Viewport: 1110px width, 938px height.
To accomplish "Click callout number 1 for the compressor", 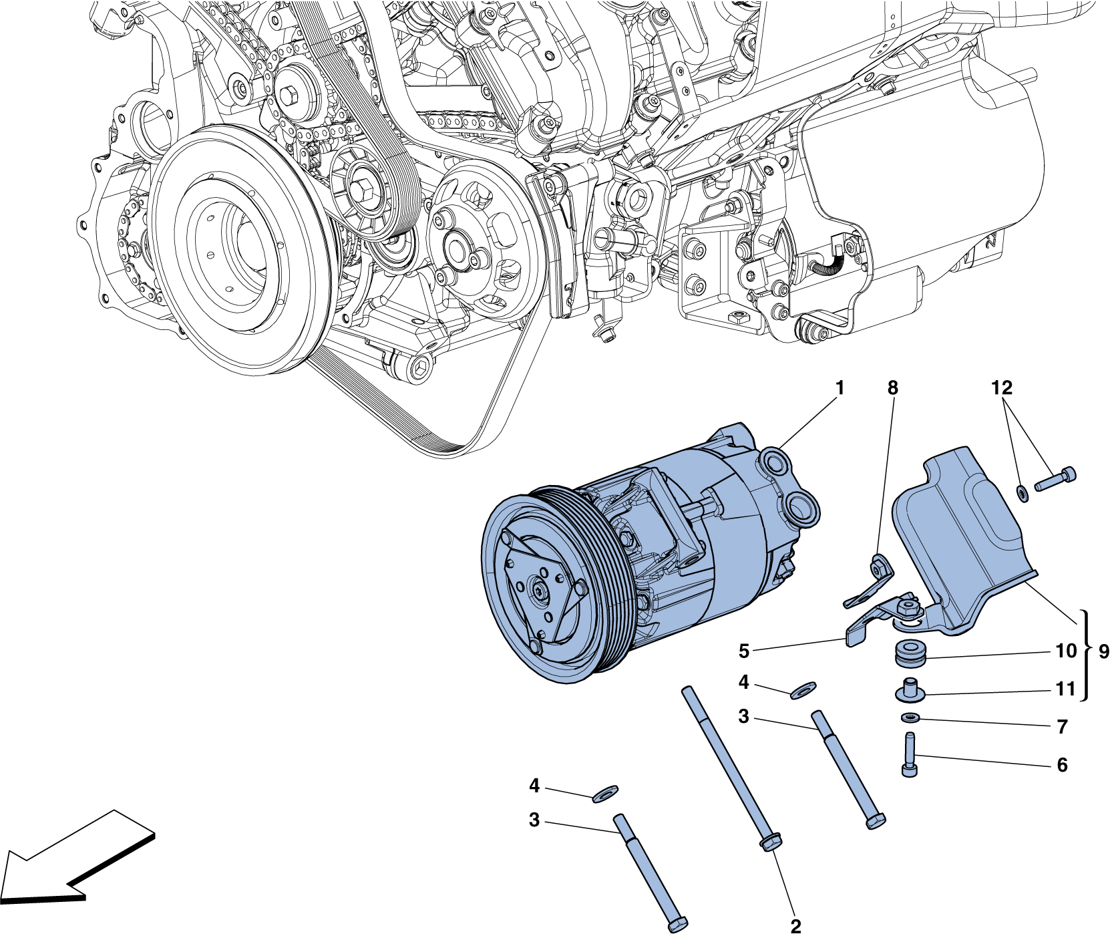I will (x=840, y=388).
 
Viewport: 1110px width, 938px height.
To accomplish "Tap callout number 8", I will (x=892, y=388).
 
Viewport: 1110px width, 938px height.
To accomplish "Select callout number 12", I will (x=1001, y=387).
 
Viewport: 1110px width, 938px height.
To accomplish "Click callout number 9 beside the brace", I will (x=1103, y=651).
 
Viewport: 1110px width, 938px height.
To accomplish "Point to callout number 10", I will (x=1066, y=651).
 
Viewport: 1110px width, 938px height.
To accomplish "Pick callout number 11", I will (x=1065, y=689).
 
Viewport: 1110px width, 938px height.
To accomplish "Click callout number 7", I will (x=1062, y=726).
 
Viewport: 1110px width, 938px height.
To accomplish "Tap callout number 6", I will (x=1062, y=765).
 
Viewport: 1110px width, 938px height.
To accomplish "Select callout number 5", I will (x=744, y=651).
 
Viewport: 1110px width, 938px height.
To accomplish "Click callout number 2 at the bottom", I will (x=795, y=927).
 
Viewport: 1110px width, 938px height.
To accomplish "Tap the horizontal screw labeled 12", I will (x=1055, y=479).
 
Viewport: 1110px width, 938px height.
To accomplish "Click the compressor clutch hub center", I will (x=538, y=591).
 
